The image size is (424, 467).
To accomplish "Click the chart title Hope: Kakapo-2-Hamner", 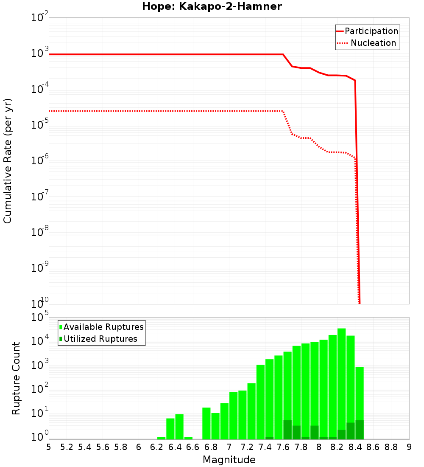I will pyautogui.click(x=212, y=6).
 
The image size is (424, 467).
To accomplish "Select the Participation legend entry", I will pyautogui.click(x=367, y=31).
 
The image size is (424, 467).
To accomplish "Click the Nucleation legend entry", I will pyautogui.click(x=367, y=43).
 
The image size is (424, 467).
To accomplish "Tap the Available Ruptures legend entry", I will pyautogui.click(x=102, y=327).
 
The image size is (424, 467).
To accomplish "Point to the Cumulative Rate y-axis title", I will pyautogui.click(x=8, y=161).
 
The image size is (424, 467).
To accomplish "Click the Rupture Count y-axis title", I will pyautogui.click(x=16, y=378).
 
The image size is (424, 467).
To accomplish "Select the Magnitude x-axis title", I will pyautogui.click(x=229, y=460).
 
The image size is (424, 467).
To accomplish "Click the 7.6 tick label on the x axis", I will pyautogui.click(x=283, y=447).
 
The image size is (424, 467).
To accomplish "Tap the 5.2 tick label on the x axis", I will pyautogui.click(x=67, y=447).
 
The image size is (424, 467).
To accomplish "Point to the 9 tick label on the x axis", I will pyautogui.click(x=409, y=447).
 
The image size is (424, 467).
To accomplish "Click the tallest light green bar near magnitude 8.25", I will pyautogui.click(x=341, y=382).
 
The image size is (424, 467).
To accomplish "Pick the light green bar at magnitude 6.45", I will pyautogui.click(x=179, y=427).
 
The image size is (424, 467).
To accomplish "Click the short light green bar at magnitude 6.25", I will pyautogui.click(x=161, y=438).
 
